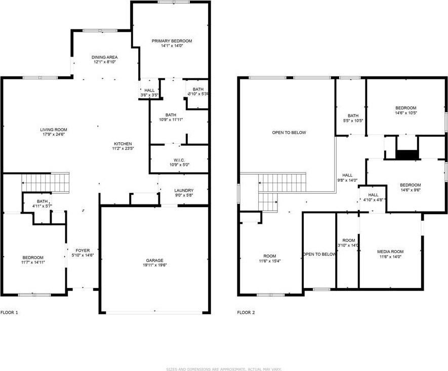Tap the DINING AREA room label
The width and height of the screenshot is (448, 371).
point(104,57)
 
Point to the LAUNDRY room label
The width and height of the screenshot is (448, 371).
point(184,190)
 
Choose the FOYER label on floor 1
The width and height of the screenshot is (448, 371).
point(83,251)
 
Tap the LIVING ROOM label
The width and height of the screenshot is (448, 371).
point(54,130)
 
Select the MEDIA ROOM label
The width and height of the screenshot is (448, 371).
point(390,252)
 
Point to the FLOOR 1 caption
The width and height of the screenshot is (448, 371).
point(10,312)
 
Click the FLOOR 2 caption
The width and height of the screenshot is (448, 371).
point(246,312)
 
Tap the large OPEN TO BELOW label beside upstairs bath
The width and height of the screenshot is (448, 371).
point(289,133)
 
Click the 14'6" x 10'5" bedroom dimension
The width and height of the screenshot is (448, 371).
point(405,112)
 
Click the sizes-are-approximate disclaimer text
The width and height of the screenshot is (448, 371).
point(224,369)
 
